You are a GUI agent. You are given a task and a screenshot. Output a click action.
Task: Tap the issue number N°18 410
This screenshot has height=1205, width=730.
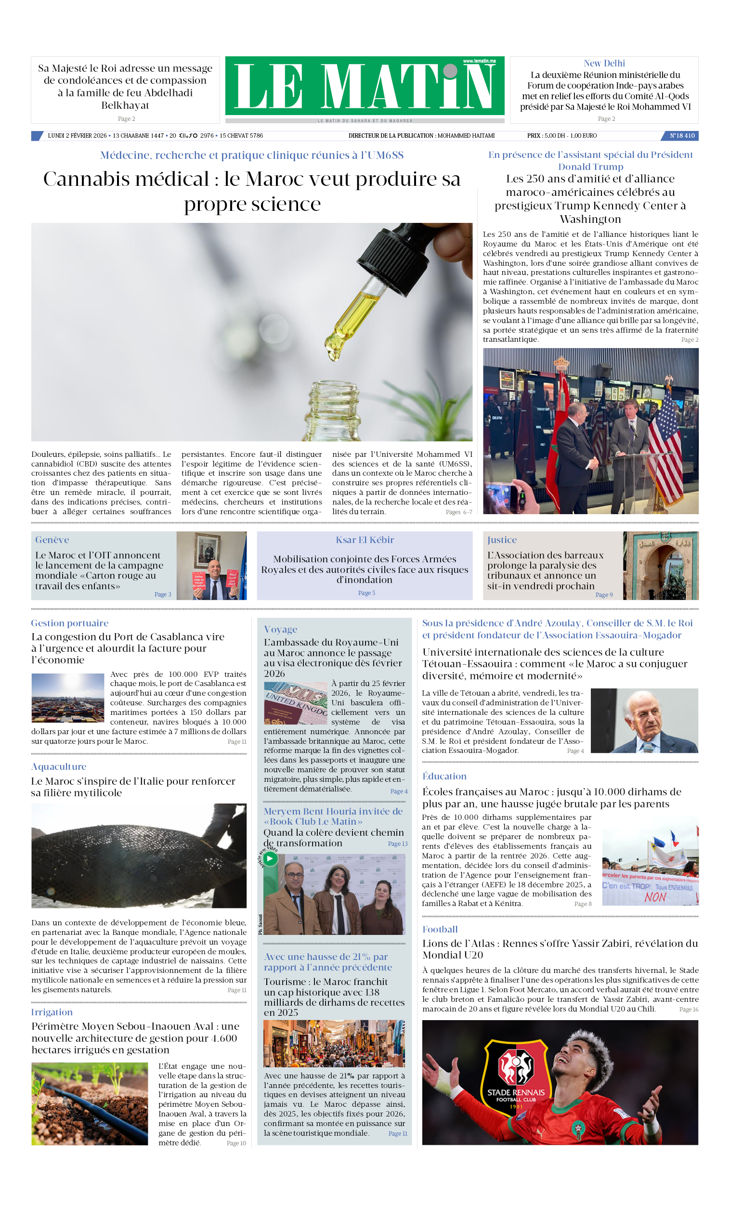pyautogui.click(x=682, y=136)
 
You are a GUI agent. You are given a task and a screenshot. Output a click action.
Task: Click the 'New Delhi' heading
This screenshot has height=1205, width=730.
pyautogui.click(x=604, y=63)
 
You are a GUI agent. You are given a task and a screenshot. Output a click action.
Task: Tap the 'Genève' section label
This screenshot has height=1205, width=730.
pyautogui.click(x=52, y=540)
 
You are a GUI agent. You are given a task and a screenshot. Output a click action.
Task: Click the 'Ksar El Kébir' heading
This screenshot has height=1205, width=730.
pyautogui.click(x=365, y=540)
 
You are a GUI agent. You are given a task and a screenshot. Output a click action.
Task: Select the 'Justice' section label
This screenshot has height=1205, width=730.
pyautogui.click(x=501, y=540)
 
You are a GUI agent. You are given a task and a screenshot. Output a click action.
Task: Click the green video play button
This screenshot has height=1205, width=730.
pyautogui.click(x=270, y=858)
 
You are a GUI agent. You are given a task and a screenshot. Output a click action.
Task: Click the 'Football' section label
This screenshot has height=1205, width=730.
pyautogui.click(x=440, y=929)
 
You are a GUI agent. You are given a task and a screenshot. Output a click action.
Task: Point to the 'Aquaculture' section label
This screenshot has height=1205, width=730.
pyautogui.click(x=59, y=767)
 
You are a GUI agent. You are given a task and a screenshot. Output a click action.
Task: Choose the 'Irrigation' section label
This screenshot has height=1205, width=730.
pyautogui.click(x=52, y=1012)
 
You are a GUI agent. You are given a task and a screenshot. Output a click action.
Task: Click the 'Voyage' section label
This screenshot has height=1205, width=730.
pyautogui.click(x=280, y=629)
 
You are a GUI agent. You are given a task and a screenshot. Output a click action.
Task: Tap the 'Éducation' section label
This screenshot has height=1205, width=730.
pyautogui.click(x=444, y=776)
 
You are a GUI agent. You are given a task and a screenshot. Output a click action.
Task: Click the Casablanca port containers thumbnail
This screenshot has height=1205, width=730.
pyautogui.click(x=68, y=698)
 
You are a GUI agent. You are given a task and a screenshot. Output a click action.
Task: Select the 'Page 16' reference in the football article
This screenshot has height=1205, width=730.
pyautogui.click(x=689, y=1010)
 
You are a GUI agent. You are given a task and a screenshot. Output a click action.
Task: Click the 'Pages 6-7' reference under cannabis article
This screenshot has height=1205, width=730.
pyautogui.click(x=458, y=512)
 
